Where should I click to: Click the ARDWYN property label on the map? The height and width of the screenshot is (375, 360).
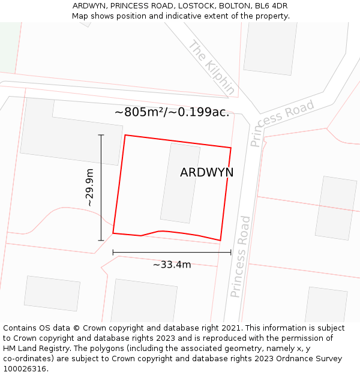coord(206,172)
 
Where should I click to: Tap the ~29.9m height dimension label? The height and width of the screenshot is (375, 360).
coord(90,187)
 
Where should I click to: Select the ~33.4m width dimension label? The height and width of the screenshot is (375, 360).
coord(172,265)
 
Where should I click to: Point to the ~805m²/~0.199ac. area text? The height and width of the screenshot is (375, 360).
coord(172,112)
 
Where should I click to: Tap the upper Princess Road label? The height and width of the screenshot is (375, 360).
coord(282,123)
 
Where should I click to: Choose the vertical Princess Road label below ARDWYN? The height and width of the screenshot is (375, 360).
coord(240,257)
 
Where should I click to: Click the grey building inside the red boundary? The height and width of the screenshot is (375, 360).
coord(180,182)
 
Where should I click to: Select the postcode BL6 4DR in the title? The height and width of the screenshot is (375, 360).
coord(274,5)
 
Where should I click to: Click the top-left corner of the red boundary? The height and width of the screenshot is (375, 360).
coord(125,135)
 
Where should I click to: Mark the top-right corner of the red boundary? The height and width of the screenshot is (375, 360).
coord(231,147)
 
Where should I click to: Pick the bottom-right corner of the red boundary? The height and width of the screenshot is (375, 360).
coord(220,241)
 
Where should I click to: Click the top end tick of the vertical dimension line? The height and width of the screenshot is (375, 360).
coord(101,135)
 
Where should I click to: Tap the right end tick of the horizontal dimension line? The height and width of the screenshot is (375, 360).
coord(231,253)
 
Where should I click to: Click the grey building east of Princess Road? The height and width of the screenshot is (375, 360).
coord(336,208)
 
